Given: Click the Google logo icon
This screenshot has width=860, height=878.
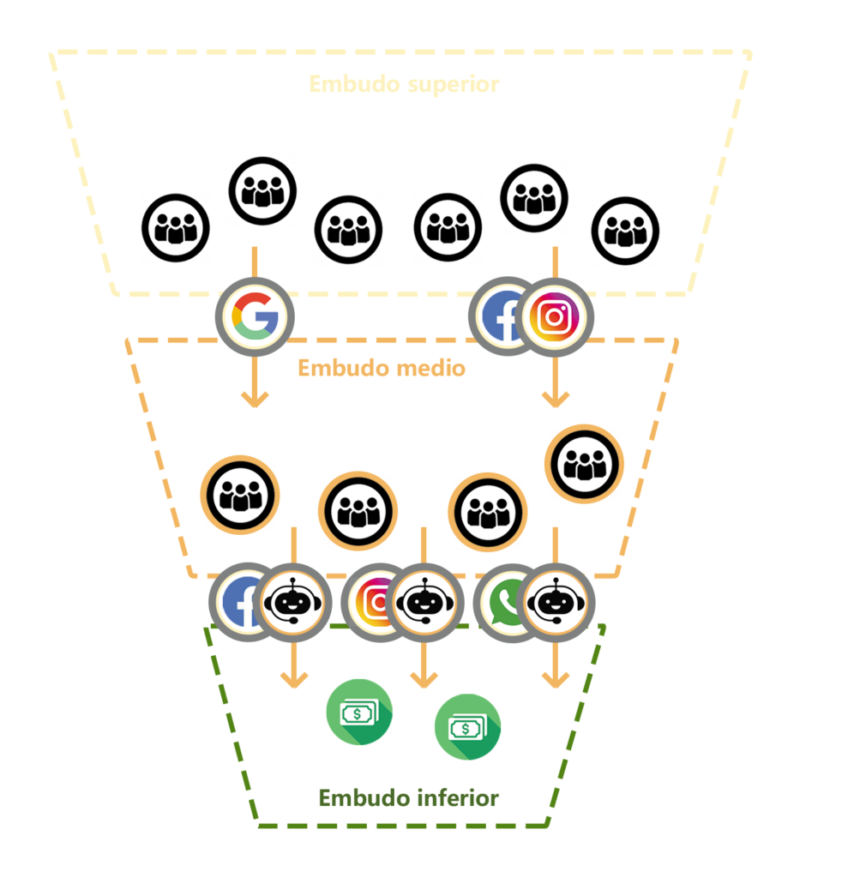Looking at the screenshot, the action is click(255, 316).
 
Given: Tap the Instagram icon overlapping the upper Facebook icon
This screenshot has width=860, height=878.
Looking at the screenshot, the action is click(554, 317).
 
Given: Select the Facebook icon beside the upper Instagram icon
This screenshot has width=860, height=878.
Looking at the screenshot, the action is click(498, 316).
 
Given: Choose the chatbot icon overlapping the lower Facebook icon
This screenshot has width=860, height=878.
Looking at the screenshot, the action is click(293, 603).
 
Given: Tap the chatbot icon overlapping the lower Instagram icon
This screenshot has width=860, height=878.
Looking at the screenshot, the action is click(424, 603).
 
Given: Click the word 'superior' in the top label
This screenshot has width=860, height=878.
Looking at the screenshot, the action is click(453, 85).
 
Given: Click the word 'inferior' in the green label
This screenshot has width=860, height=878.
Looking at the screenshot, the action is click(457, 797).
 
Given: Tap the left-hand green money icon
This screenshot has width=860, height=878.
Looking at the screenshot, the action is click(359, 712).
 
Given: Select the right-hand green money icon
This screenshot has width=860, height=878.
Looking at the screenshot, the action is click(467, 727).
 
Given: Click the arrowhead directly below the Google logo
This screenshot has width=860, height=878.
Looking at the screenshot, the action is click(255, 400).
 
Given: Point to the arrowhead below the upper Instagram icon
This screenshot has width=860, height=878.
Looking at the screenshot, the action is click(556, 400).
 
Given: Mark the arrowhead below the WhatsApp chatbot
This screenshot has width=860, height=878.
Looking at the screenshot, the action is click(556, 680).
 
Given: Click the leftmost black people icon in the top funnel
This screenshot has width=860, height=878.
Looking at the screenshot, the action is click(175, 228).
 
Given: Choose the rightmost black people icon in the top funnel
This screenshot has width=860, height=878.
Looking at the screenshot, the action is click(625, 230).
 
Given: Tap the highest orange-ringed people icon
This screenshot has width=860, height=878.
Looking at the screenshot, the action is click(585, 464).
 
